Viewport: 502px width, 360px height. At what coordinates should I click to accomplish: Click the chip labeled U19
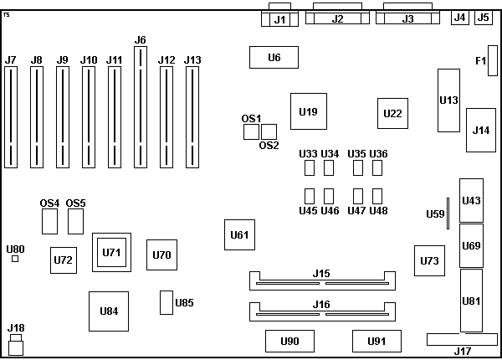[308, 111]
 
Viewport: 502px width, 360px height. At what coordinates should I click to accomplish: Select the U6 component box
[274, 57]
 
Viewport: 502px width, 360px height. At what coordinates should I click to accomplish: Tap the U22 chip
[392, 113]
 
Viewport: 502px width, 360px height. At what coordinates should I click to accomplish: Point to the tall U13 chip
[448, 100]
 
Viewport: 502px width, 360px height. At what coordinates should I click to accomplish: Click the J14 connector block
[480, 130]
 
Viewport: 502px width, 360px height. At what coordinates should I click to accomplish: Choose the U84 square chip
[109, 311]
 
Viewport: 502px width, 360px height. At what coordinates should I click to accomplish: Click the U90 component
[290, 341]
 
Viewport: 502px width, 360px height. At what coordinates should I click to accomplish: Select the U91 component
[377, 341]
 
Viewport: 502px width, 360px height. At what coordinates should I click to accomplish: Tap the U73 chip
[429, 260]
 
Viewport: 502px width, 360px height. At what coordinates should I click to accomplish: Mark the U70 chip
[162, 255]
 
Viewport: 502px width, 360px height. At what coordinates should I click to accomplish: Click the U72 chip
[63, 260]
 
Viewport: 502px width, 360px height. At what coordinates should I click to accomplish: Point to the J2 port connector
[338, 18]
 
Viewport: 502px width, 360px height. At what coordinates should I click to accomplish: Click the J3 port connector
[408, 18]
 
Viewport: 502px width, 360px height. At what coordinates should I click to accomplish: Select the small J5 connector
[483, 17]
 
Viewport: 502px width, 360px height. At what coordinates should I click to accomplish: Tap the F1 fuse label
[480, 60]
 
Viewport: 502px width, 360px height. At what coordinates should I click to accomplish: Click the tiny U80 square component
[15, 260]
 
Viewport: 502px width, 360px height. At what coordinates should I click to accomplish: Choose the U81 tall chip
[471, 301]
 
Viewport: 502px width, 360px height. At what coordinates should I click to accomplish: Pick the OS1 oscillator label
[252, 118]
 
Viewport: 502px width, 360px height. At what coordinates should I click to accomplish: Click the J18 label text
[16, 327]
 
